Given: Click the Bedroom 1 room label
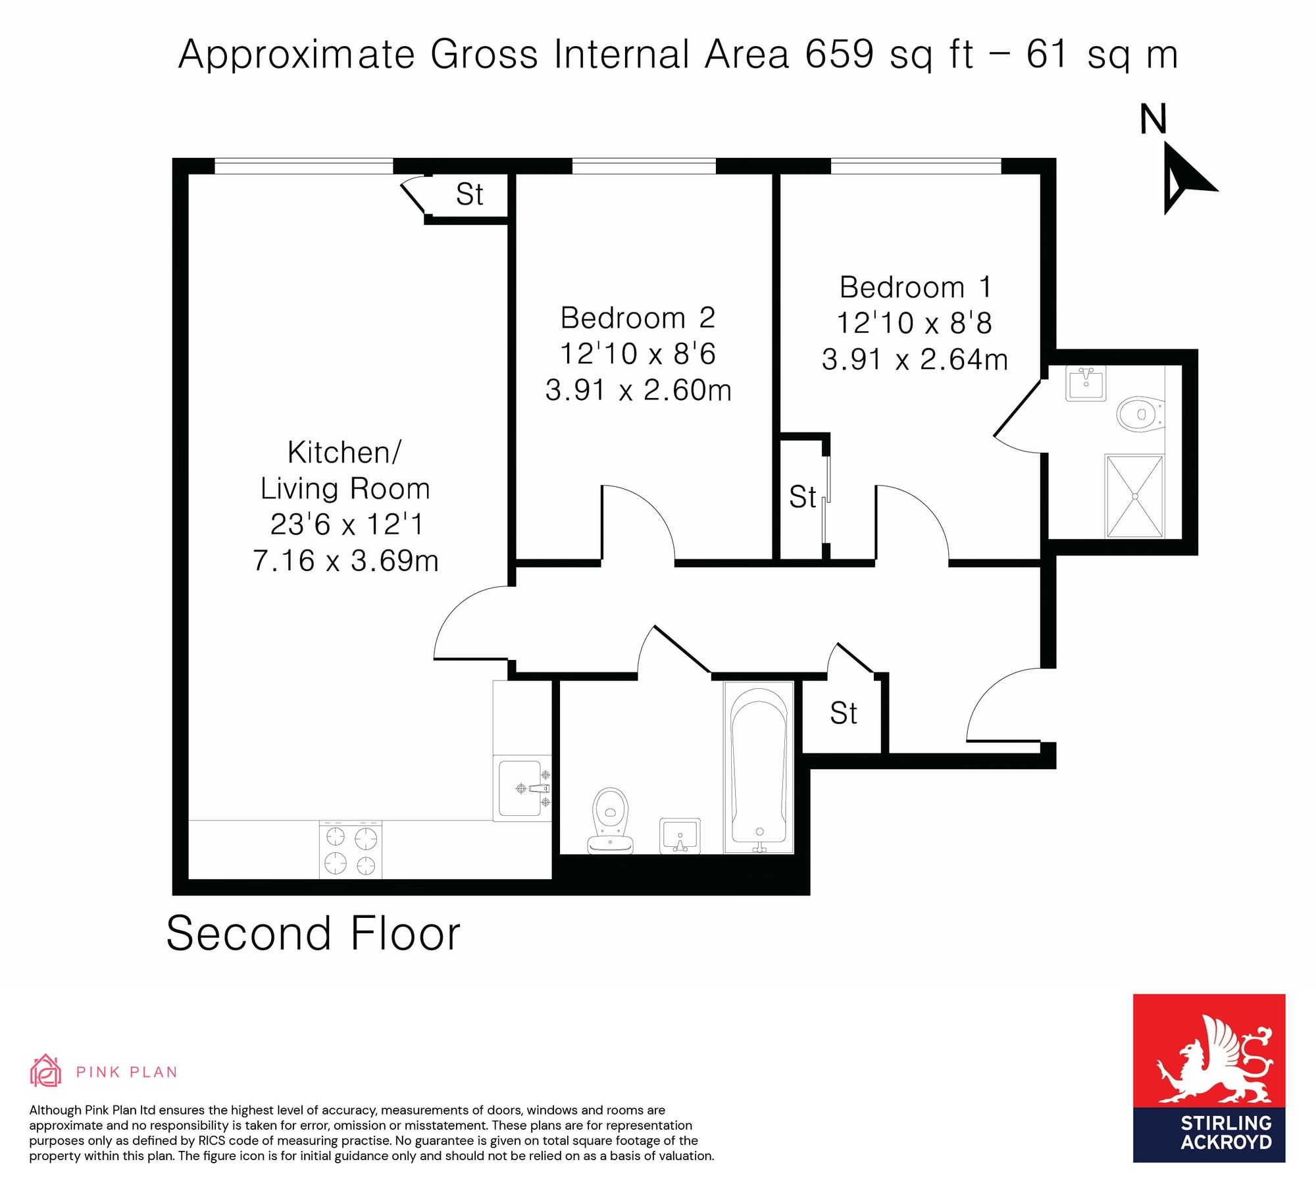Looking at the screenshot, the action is (915, 288).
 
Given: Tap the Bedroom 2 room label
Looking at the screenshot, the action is (638, 318).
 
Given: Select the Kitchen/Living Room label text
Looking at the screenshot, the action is (345, 470).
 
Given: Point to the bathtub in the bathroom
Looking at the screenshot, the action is (759, 767).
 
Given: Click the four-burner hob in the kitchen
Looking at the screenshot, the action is (351, 850).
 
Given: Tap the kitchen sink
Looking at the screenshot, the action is (522, 788).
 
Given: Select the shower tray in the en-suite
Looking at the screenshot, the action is (1135, 496).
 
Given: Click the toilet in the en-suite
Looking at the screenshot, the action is (1141, 414).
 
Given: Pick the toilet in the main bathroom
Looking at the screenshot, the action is (611, 820).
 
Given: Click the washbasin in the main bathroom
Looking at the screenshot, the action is (680, 836).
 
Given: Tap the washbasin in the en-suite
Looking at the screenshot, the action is (1086, 382).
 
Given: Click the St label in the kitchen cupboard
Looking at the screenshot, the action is (470, 195).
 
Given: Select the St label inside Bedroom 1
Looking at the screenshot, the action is (803, 497).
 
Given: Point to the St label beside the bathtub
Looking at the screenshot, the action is (844, 713).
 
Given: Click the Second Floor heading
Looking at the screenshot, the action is (313, 933).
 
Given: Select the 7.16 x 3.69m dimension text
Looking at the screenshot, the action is (345, 561).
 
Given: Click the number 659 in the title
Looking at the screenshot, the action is (840, 54).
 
